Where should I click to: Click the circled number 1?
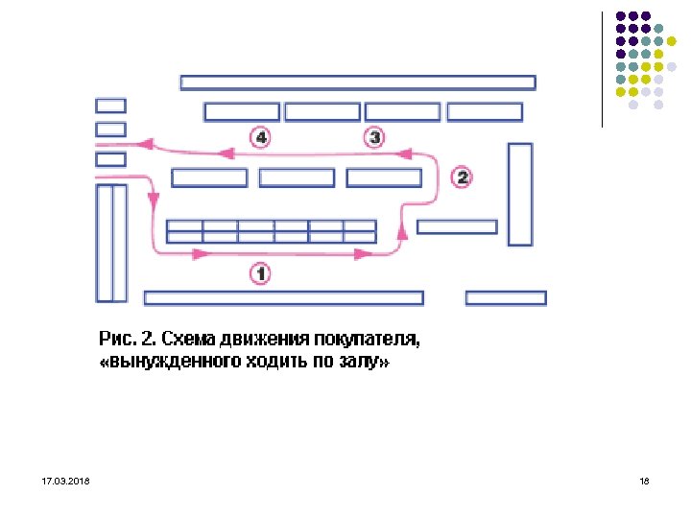(x=260, y=273)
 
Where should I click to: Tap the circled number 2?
(x=462, y=177)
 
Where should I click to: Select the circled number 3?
(x=374, y=137)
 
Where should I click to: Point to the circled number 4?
(x=260, y=137)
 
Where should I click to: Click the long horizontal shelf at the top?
(x=357, y=82)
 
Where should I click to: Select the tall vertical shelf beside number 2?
(x=519, y=194)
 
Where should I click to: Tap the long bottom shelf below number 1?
(x=283, y=297)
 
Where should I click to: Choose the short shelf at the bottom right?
(x=506, y=298)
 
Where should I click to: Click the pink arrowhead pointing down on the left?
(x=153, y=200)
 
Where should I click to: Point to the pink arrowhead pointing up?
(x=401, y=230)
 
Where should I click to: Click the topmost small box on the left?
(x=110, y=106)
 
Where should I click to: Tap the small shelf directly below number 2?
(x=457, y=227)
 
